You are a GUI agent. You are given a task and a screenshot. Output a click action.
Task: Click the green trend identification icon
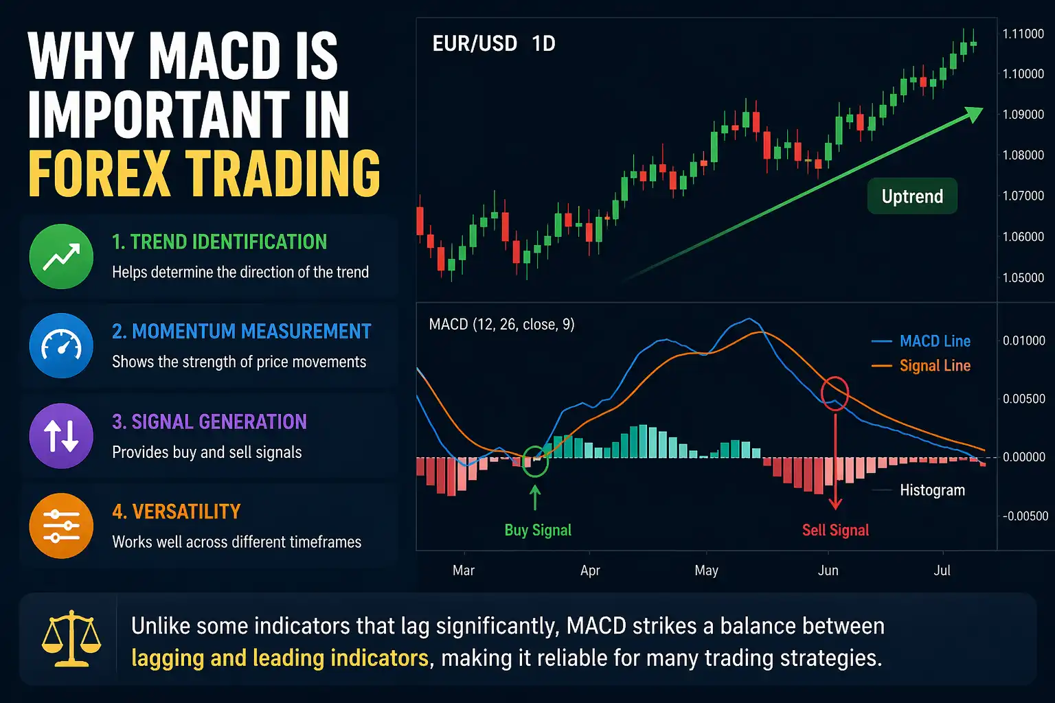pos(61,257)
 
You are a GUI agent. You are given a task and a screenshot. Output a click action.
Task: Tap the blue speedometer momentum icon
pos(61,346)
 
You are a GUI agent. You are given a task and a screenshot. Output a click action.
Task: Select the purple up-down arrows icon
pos(61,436)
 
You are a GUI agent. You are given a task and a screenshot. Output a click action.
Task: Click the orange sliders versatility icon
pos(61,526)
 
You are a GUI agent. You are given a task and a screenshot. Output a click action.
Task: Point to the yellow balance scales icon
pos(71,639)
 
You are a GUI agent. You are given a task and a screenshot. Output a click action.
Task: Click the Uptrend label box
pos(911,196)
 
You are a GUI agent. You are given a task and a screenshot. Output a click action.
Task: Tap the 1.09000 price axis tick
pos(1023,115)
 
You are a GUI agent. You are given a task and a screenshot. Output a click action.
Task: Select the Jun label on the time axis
pos(828,571)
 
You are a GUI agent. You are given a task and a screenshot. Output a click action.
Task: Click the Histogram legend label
pos(932,490)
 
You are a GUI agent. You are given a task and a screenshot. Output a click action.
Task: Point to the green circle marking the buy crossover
pos(536,461)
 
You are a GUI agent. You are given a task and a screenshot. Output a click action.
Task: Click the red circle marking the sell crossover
pos(835,393)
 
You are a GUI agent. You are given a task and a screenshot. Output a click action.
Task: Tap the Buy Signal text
pos(538,530)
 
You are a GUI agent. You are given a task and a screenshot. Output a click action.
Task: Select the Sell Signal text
pos(835,530)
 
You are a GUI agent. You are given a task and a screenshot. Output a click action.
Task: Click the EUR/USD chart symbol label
pos(474,44)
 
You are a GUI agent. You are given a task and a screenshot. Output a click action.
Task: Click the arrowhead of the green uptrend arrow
pos(974,114)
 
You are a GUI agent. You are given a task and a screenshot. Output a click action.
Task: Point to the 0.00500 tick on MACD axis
pos(1023,399)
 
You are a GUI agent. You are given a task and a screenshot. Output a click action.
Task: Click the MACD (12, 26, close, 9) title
pos(501,324)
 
